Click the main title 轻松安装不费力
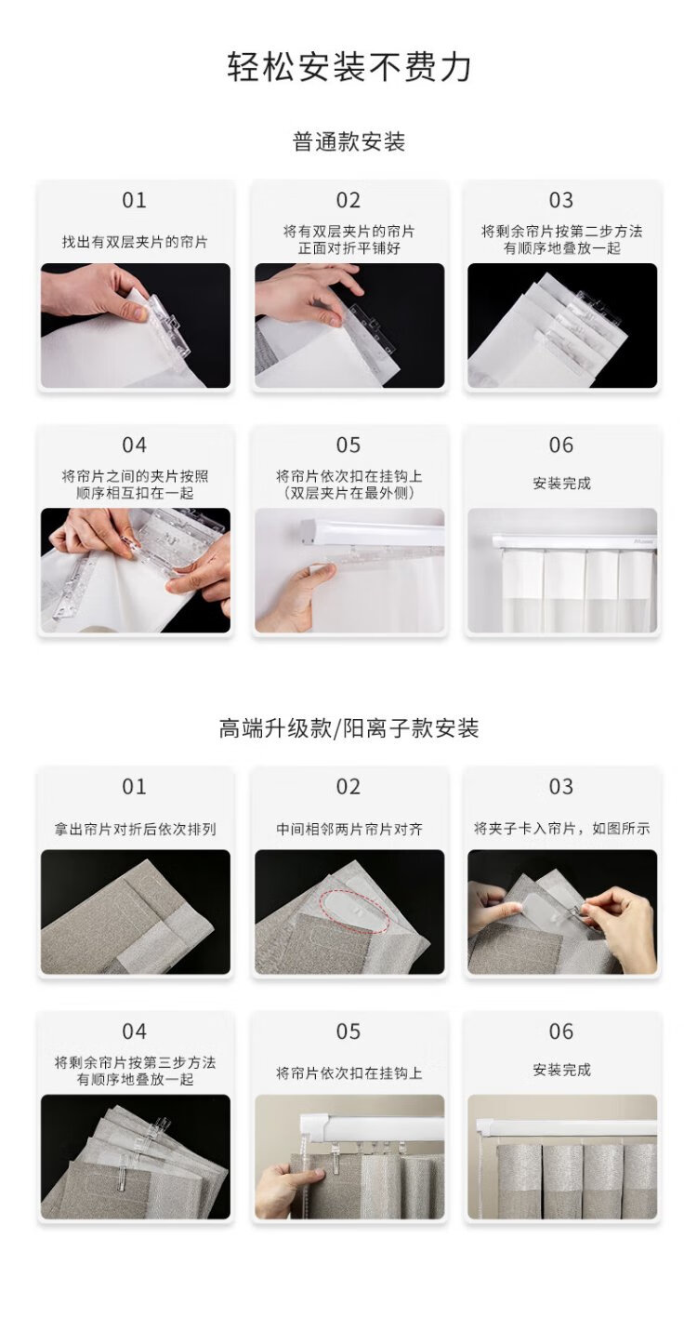(349, 67)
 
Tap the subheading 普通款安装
(348, 142)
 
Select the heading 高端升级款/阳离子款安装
(348, 728)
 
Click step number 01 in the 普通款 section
(134, 200)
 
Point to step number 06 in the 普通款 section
(561, 445)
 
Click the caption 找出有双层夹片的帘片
(135, 242)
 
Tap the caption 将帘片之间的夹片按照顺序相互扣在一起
(135, 485)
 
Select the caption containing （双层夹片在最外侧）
(348, 485)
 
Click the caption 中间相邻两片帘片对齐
(348, 829)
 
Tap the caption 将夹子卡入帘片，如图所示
(561, 829)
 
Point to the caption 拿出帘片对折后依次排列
(135, 829)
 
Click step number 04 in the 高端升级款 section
(134, 1032)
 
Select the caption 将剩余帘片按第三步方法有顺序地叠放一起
(135, 1071)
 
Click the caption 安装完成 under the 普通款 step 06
(561, 483)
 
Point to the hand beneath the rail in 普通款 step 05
(294, 596)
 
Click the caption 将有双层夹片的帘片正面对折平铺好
(348, 239)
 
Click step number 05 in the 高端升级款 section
(348, 1032)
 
